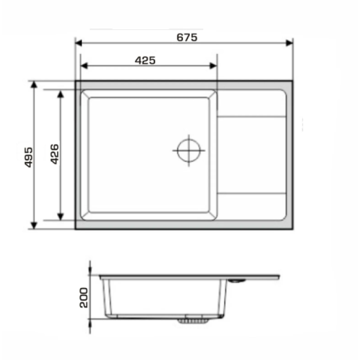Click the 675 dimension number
click(x=187, y=38)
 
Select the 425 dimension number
click(x=145, y=60)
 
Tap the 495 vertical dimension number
click(x=29, y=157)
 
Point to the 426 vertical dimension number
click(x=55, y=154)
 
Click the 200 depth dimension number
click(x=83, y=298)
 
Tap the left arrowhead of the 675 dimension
click(x=79, y=43)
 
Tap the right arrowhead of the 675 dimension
click(x=289, y=43)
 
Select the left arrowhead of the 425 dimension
click(x=84, y=66)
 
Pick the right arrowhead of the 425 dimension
click(x=213, y=66)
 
